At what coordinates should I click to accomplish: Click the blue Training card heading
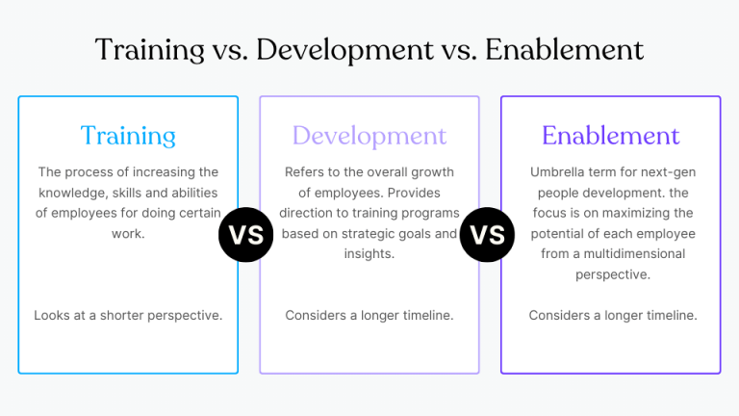pos(128,136)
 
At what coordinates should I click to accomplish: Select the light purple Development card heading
pos(369,136)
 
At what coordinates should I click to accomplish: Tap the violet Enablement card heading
pos(610,136)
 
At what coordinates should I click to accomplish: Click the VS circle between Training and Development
pos(246,234)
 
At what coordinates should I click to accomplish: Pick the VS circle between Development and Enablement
pos(488,234)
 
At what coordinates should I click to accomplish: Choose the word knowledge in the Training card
pos(73,193)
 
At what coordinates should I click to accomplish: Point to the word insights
pos(369,254)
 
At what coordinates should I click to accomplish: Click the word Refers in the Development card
pos(306,172)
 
